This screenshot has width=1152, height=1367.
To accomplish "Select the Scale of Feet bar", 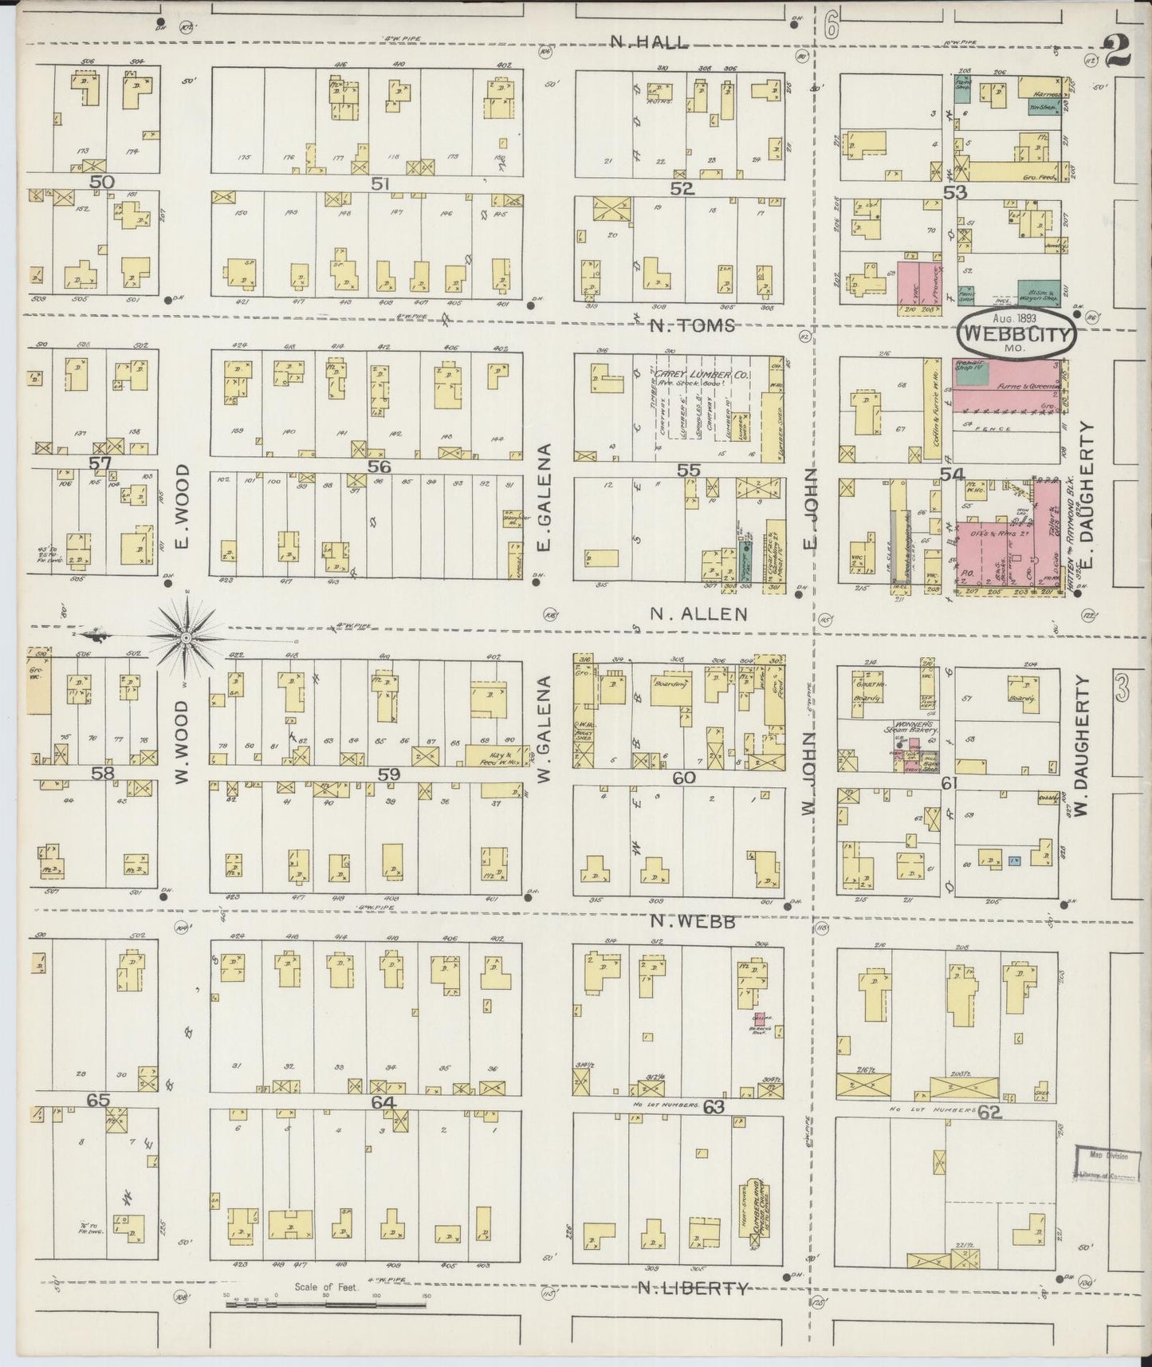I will click(327, 1305).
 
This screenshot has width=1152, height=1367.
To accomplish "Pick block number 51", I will click(379, 184).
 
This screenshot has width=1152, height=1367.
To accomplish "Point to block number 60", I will click(683, 778).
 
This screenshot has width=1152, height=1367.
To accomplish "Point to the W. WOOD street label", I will click(182, 742).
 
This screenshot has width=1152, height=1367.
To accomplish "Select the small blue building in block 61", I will click(1014, 861).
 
